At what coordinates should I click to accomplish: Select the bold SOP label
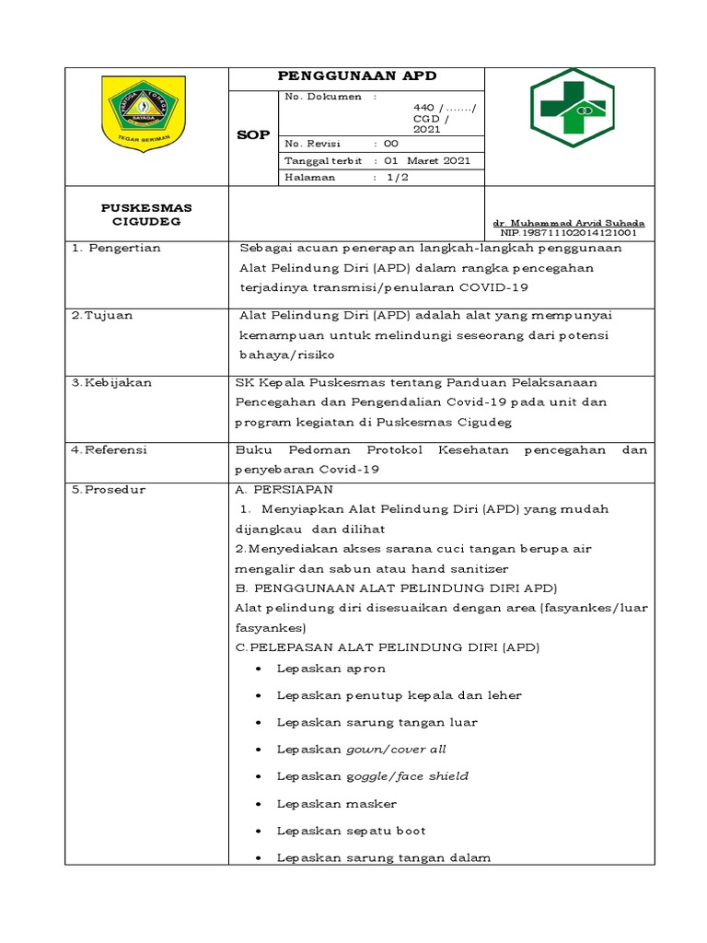click(252, 134)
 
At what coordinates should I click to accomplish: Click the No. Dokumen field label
click(323, 97)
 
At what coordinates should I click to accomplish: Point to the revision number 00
click(390, 144)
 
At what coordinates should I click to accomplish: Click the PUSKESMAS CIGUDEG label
click(146, 215)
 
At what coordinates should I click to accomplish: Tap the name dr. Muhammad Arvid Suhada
click(569, 224)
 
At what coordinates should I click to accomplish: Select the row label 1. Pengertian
click(117, 248)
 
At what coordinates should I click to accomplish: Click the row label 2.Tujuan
click(102, 315)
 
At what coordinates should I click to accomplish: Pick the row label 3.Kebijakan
click(111, 381)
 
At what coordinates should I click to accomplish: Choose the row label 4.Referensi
click(110, 449)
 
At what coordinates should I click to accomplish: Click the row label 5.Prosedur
click(108, 489)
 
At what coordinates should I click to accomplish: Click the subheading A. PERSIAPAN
click(284, 489)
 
